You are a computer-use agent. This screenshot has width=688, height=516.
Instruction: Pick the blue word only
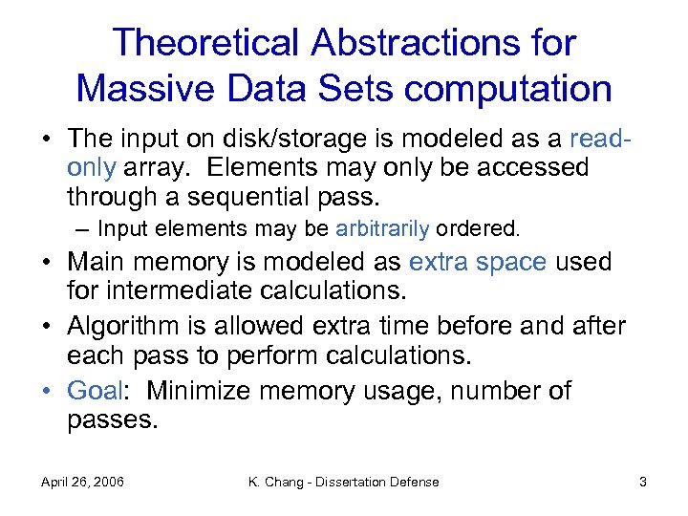tap(91, 168)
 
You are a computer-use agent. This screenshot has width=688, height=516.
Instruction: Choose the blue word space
tap(512, 262)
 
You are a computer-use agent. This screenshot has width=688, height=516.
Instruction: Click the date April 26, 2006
tap(83, 482)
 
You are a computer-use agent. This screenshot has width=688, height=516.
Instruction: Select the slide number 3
tap(643, 482)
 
